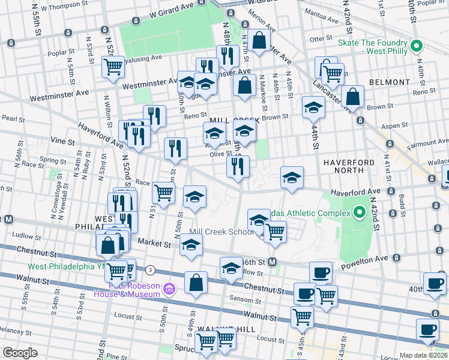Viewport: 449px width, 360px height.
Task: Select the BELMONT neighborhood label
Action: point(387,82)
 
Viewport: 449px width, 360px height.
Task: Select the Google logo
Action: point(20,352)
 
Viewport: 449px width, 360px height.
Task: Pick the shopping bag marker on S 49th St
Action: point(196,283)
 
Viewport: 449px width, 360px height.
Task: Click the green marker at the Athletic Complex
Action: point(360,212)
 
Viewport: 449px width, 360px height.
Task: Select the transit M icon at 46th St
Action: point(272,262)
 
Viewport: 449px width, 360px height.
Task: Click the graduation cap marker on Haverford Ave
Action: point(292,178)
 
